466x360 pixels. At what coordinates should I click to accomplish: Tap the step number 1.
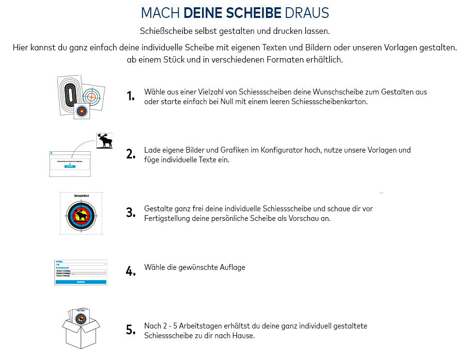[x=130, y=96]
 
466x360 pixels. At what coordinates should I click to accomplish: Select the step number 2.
[x=130, y=155]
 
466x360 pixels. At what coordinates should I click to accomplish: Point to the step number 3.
[x=130, y=213]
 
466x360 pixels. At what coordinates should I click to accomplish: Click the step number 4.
[x=130, y=271]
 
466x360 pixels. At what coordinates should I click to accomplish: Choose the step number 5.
[x=130, y=330]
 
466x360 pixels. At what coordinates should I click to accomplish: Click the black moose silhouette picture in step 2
[x=105, y=141]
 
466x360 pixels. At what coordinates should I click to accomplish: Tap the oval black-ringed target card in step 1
[x=69, y=93]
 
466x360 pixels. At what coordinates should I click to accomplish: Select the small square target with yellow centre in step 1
[x=82, y=111]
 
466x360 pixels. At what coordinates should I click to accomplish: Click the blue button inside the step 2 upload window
[x=70, y=166]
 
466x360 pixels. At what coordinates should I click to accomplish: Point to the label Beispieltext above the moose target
[x=81, y=196]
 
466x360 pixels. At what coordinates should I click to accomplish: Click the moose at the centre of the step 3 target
[x=81, y=215]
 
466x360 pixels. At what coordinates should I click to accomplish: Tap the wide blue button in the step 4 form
[x=81, y=282]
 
